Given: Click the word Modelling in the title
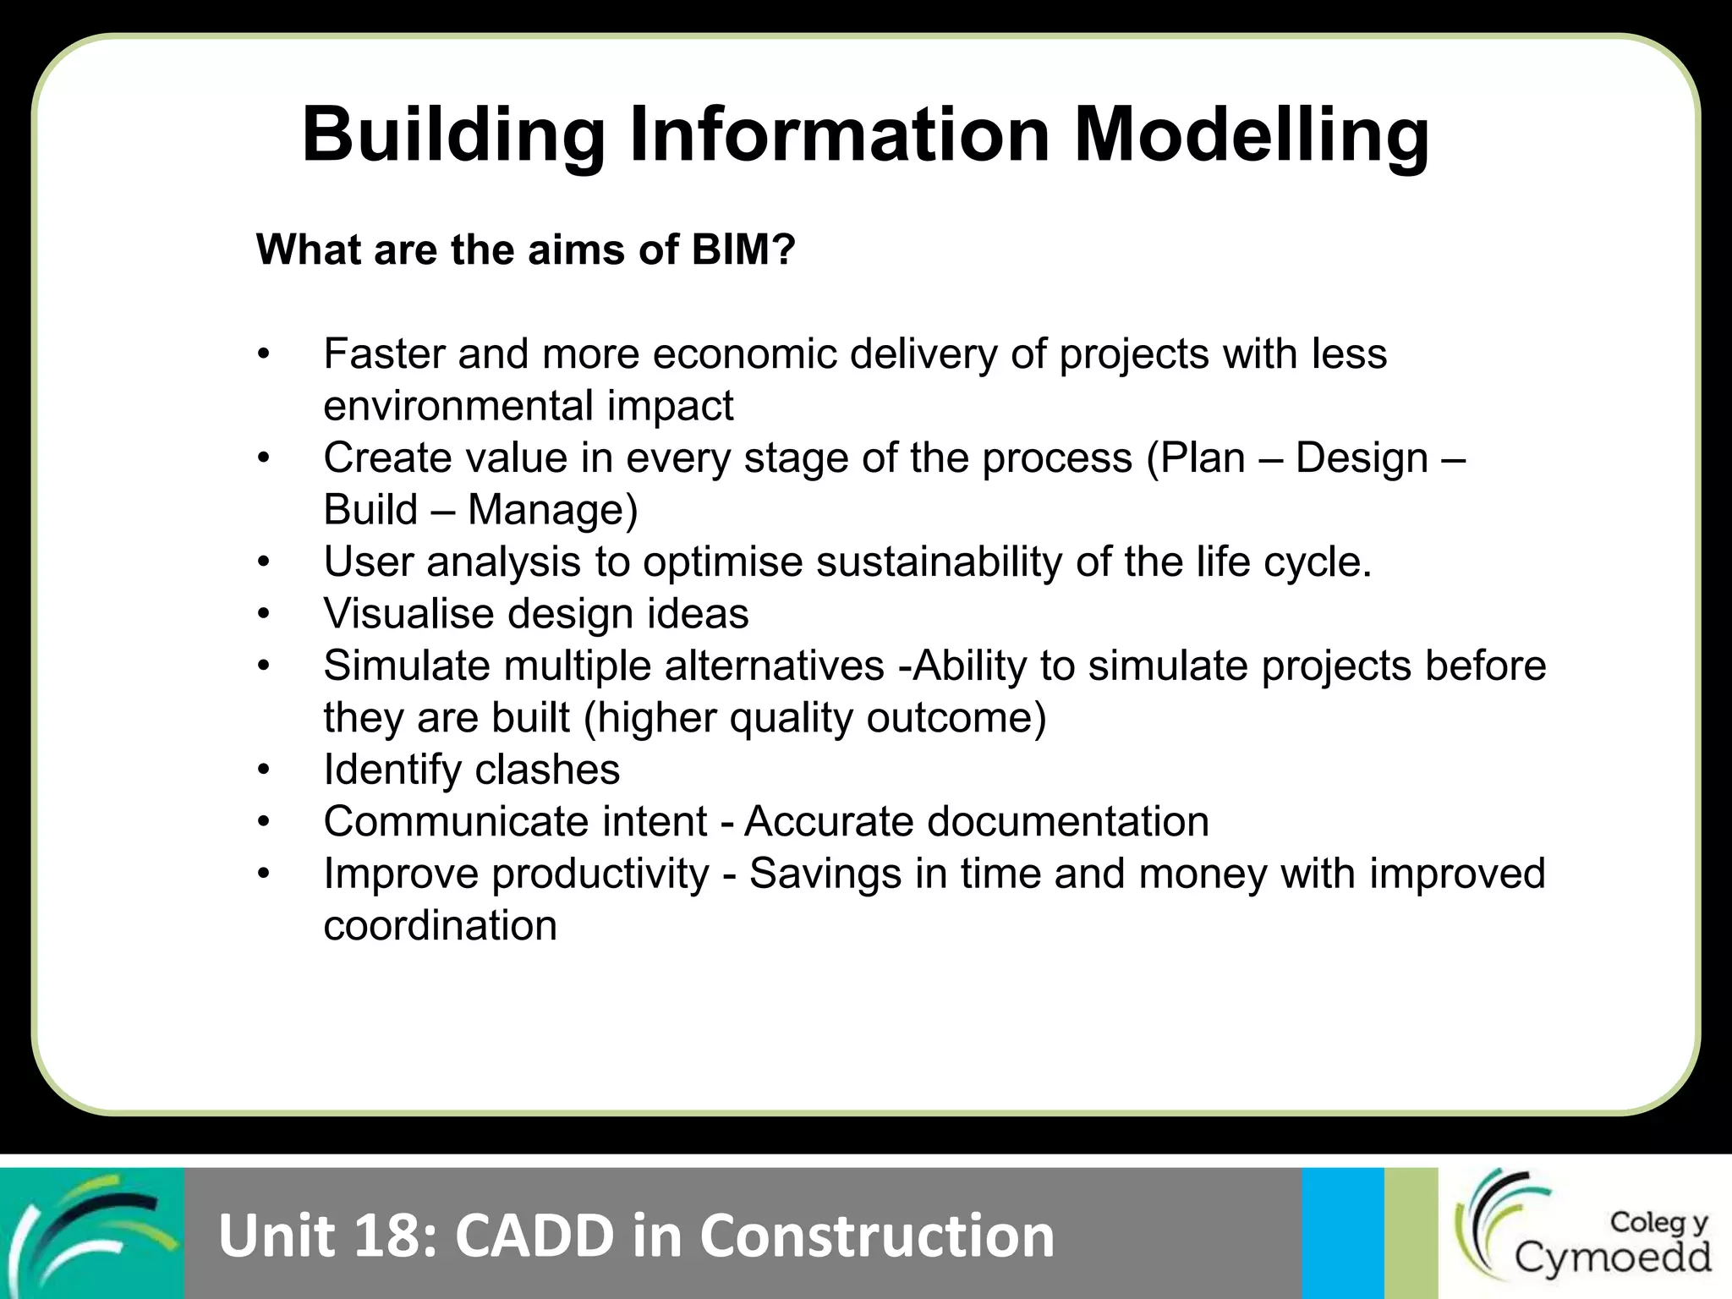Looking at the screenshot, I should click(1252, 135).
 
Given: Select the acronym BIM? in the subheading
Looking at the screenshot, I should click(743, 249).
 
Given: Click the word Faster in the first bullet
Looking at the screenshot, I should click(383, 354).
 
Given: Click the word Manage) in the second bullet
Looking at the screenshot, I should click(552, 510).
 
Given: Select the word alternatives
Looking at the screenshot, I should click(774, 666).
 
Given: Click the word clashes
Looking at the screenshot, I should click(547, 770).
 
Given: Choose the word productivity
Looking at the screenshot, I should click(600, 874).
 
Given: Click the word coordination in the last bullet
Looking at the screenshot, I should click(440, 926).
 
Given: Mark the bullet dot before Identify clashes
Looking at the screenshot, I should click(264, 770).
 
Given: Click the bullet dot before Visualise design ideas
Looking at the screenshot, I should click(264, 614).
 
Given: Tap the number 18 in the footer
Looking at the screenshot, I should click(391, 1236).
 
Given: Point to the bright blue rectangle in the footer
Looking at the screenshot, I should click(1342, 1233).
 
